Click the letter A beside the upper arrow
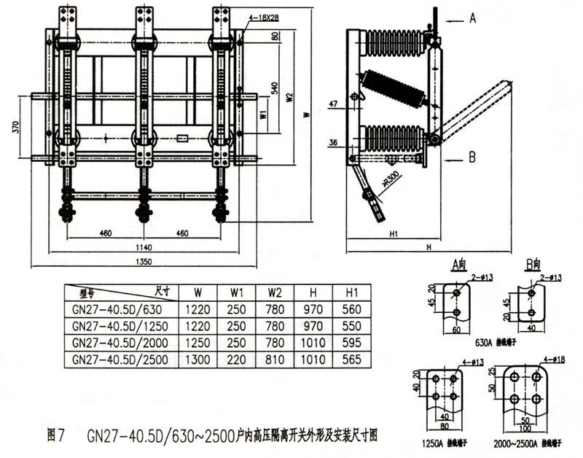[472, 20]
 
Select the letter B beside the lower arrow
[472, 156]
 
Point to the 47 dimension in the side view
[333, 104]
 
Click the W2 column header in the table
[275, 291]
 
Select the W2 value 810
[275, 359]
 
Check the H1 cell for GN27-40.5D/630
[352, 308]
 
